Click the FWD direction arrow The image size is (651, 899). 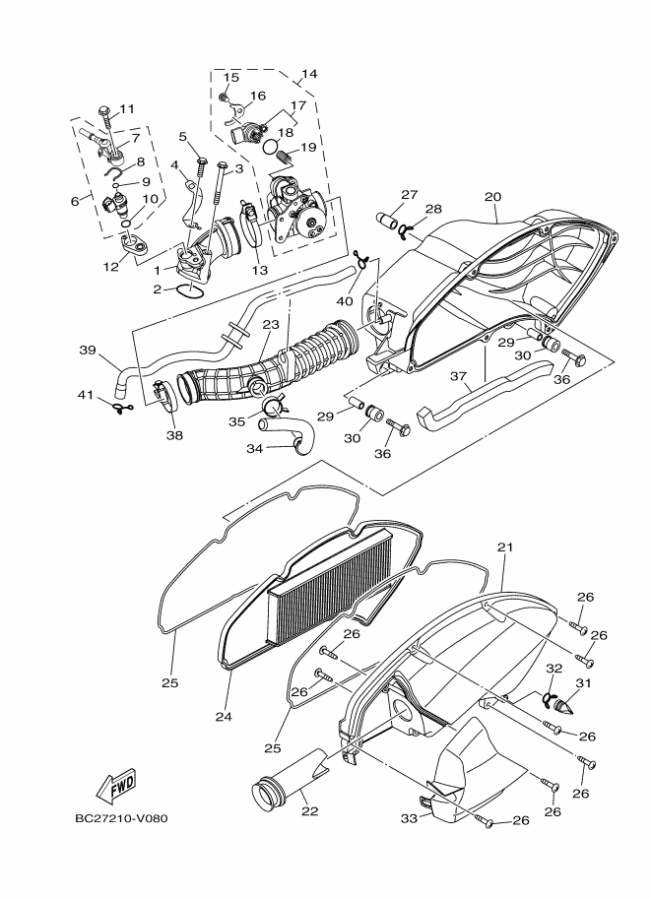click(x=116, y=786)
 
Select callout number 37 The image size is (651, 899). click(x=458, y=375)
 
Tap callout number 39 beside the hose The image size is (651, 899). click(x=87, y=350)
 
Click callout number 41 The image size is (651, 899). click(x=86, y=395)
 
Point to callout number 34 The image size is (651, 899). click(x=253, y=448)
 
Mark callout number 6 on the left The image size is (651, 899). click(x=74, y=201)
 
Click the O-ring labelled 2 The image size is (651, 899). click(x=191, y=289)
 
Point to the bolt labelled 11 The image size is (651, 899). click(x=105, y=120)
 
